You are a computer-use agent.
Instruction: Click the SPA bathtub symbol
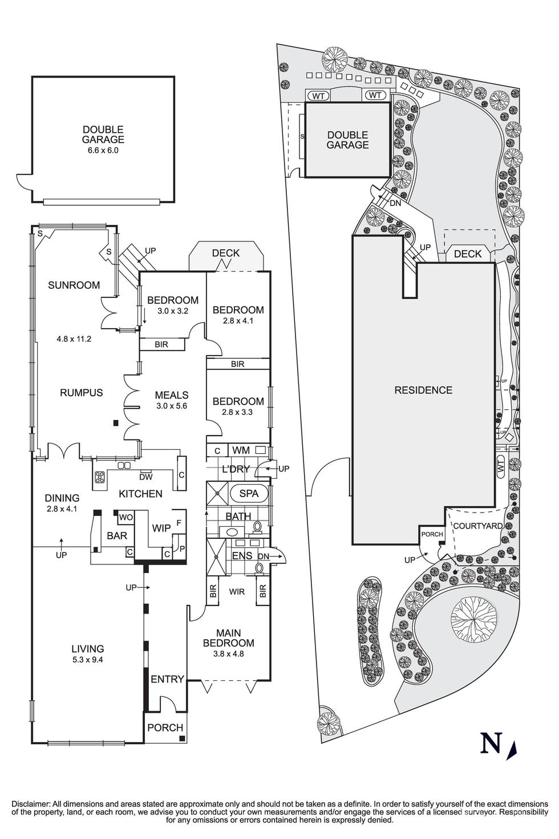click(x=249, y=493)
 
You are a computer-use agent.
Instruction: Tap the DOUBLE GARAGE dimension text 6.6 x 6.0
click(x=103, y=151)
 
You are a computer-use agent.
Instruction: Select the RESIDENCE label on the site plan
click(x=423, y=390)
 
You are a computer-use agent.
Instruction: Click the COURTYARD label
click(x=477, y=526)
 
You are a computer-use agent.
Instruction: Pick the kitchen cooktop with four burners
click(x=100, y=478)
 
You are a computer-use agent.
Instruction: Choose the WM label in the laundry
click(x=241, y=450)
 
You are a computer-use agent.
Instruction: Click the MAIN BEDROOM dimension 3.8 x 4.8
click(x=228, y=654)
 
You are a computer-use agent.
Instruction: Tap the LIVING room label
click(x=88, y=648)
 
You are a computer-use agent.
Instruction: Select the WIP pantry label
click(x=161, y=529)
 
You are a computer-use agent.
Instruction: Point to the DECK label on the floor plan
click(x=226, y=253)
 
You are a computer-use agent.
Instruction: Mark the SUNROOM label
click(x=74, y=285)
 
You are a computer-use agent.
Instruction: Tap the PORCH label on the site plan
click(x=432, y=534)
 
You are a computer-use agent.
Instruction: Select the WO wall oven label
click(x=125, y=518)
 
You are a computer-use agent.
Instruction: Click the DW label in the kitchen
click(x=145, y=477)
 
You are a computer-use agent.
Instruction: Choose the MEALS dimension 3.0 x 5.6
click(x=171, y=406)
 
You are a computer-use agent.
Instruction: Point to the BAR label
click(x=117, y=536)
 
